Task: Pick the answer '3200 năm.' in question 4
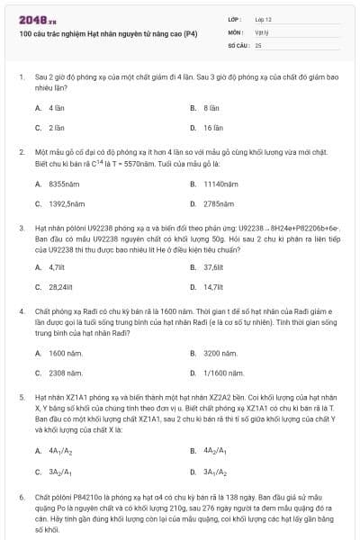(x=220, y=353)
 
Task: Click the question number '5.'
(x=22, y=395)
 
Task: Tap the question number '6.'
(x=22, y=496)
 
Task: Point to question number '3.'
(x=22, y=229)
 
